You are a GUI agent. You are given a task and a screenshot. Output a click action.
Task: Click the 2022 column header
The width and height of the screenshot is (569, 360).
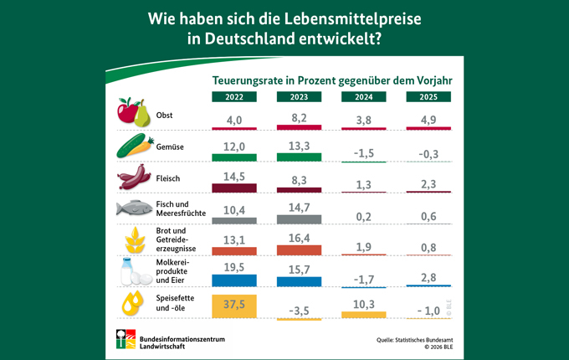pyautogui.click(x=235, y=96)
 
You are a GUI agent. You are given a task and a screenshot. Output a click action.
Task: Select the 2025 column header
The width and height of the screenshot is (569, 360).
pyautogui.click(x=427, y=96)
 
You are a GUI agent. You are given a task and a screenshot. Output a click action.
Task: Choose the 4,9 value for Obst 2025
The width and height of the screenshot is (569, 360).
pyautogui.click(x=427, y=119)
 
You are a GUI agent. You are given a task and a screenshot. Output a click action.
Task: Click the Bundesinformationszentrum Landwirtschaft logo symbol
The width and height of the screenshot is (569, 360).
pyautogui.click(x=126, y=339)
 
